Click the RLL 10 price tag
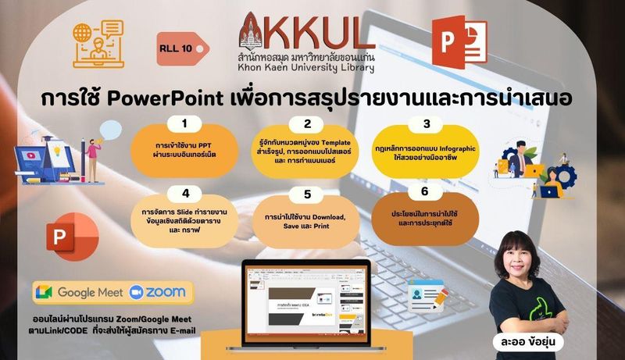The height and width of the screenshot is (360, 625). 183,48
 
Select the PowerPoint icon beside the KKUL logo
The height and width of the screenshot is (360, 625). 459,42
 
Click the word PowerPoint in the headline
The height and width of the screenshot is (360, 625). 165,98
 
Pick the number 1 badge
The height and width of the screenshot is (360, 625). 184,123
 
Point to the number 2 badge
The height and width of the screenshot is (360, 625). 307,124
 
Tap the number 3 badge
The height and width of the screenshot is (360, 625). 427,124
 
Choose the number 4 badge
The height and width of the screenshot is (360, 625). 185,194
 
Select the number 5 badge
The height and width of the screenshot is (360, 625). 307,194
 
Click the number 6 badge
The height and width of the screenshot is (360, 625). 425,191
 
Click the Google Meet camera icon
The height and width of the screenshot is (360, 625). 44,292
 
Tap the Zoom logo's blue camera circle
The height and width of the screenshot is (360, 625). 136,292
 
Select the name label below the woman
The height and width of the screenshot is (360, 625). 529,342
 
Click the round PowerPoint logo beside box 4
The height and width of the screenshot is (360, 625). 73,237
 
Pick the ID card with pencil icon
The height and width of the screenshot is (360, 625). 427,295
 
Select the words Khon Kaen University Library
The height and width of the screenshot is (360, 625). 305,68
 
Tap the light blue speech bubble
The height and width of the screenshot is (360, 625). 110,130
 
